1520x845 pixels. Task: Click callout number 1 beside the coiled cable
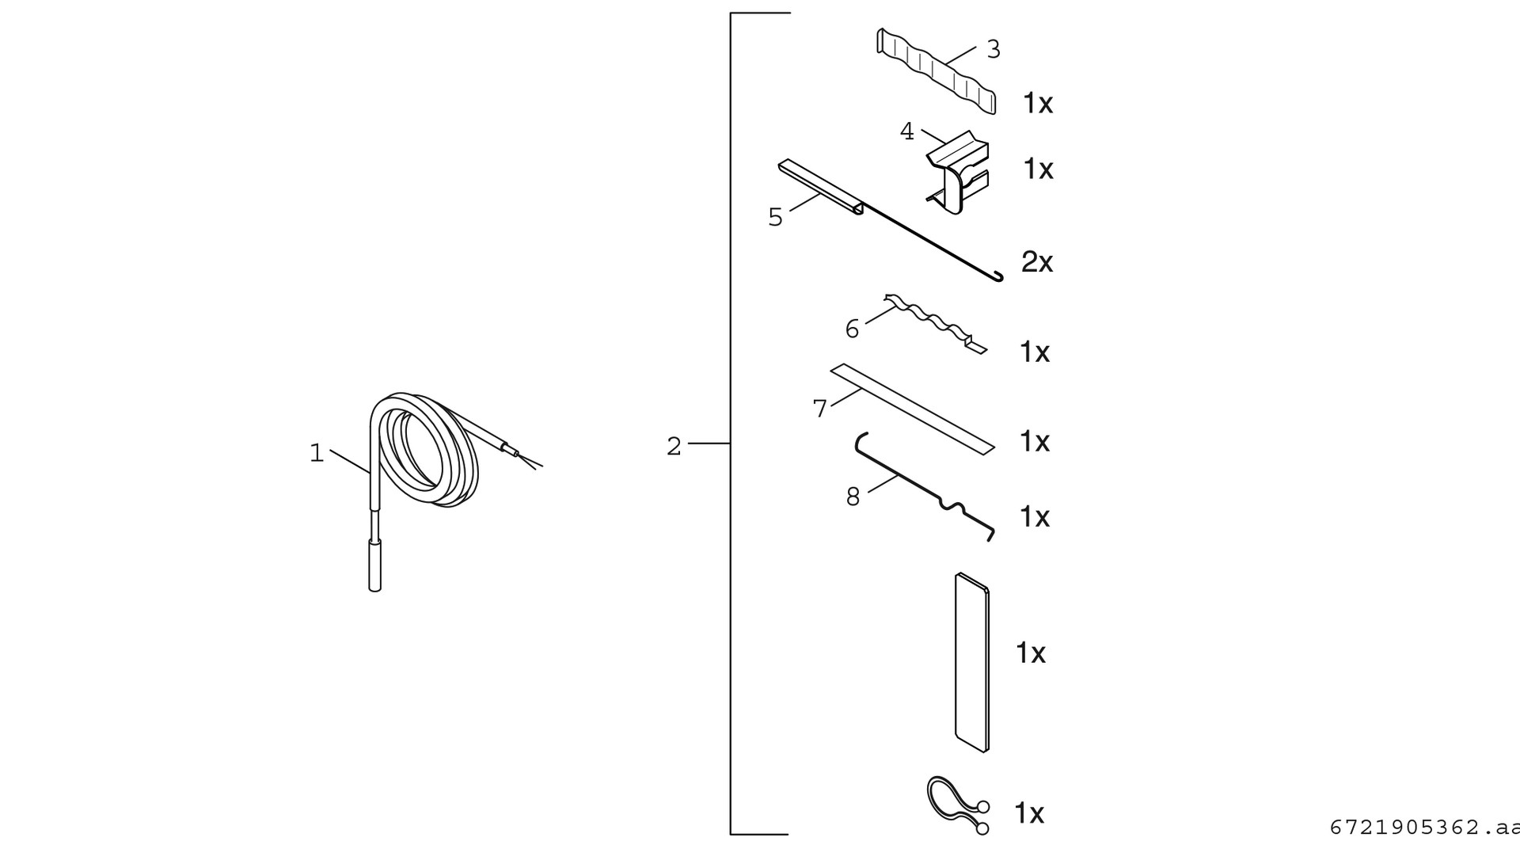click(317, 454)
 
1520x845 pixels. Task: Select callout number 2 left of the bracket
click(674, 447)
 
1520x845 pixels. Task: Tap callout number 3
click(994, 49)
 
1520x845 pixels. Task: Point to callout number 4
click(907, 131)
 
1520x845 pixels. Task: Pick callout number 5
click(775, 217)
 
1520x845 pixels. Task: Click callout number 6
click(852, 329)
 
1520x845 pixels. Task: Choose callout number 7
click(819, 409)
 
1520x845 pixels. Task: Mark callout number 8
click(853, 497)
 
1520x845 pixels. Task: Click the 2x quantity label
click(1037, 261)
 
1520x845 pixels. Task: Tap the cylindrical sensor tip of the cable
click(375, 565)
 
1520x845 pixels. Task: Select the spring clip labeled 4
click(958, 171)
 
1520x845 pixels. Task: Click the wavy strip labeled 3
click(936, 71)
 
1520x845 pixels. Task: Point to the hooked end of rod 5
click(997, 276)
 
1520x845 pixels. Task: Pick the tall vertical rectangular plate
click(971, 662)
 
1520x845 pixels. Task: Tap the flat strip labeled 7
click(912, 409)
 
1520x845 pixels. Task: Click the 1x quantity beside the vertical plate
click(1031, 653)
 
